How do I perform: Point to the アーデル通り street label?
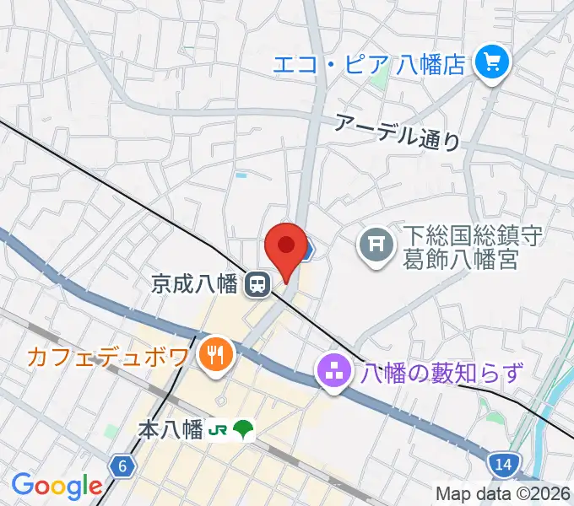398,131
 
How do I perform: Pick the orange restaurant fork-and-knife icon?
214,354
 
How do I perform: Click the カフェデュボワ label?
108,356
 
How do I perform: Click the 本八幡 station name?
171,430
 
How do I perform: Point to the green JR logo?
218,430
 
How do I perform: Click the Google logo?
57,486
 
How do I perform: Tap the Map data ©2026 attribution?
503,493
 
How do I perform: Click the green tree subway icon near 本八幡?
243,429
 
